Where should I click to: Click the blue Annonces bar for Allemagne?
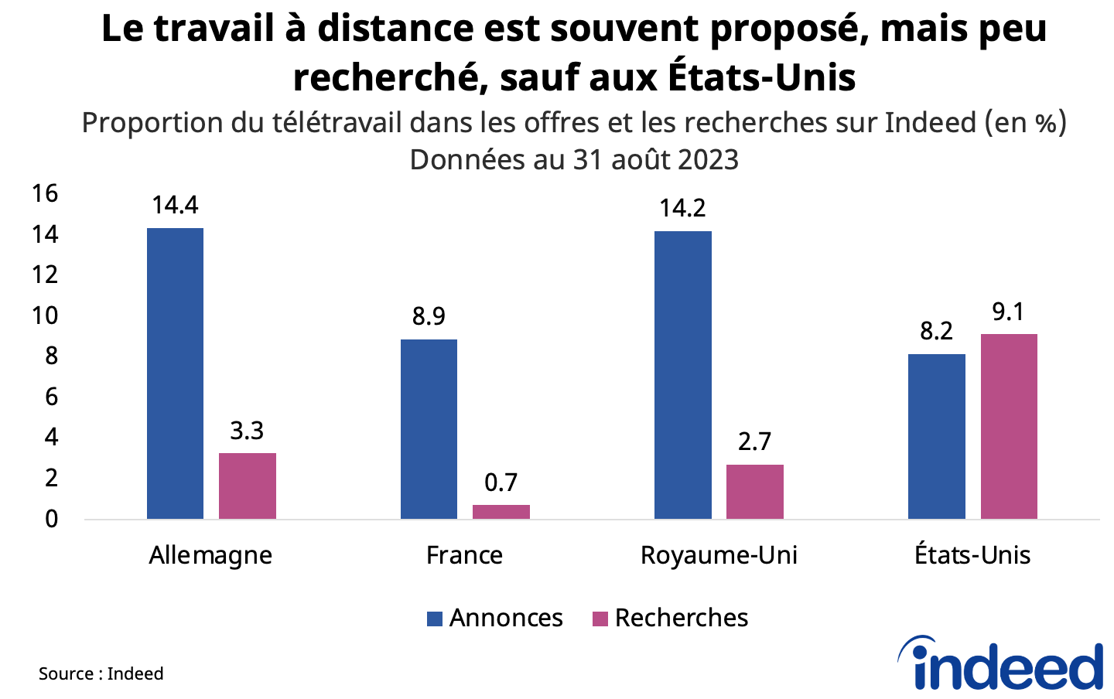point(175,373)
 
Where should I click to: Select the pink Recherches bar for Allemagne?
point(247,486)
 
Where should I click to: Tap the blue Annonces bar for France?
point(429,429)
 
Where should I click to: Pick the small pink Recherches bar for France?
point(501,512)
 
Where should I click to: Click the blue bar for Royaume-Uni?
point(682,375)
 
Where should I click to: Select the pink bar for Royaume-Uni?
point(754,492)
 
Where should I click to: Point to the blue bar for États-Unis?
point(936,436)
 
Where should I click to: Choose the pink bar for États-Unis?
point(1008,427)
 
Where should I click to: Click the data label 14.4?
point(175,205)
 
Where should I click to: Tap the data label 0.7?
point(501,482)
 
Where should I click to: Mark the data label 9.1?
point(1008,312)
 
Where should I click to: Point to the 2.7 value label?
point(754,442)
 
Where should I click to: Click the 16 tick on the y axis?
point(45,193)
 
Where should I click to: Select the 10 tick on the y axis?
point(45,315)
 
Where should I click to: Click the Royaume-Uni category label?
point(719,555)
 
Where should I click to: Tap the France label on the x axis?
point(464,555)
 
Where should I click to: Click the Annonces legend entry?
point(495,618)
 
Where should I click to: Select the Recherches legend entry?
point(670,618)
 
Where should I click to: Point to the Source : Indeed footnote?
point(101,673)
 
